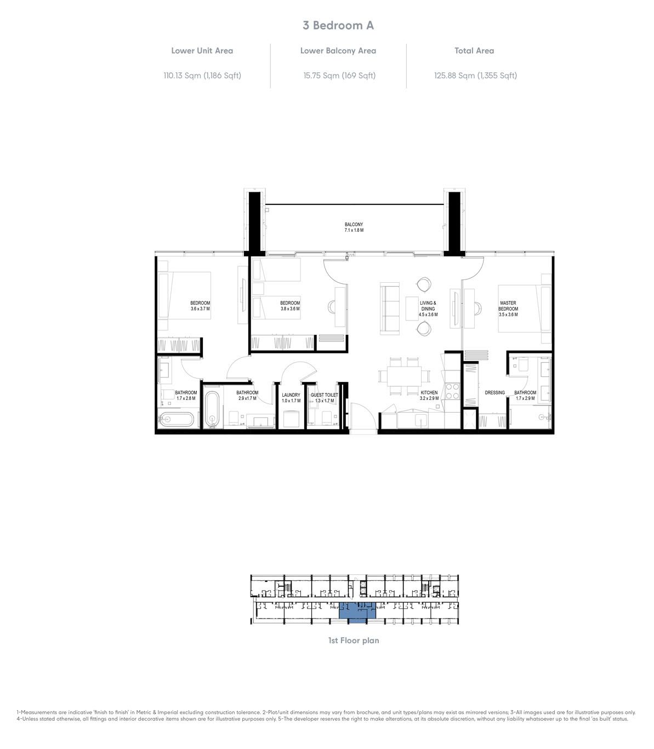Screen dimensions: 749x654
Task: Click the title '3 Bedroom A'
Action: point(338,25)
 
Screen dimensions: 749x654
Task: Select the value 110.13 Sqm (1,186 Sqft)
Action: point(202,76)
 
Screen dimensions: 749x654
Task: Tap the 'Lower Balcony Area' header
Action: point(338,50)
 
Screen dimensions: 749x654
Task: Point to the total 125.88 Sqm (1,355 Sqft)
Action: point(475,76)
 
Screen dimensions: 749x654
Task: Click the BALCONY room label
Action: point(354,225)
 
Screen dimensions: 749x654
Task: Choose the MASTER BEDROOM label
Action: point(508,306)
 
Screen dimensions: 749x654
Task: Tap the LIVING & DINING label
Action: point(428,306)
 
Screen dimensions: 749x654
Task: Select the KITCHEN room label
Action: point(429,393)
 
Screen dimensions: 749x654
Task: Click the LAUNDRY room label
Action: point(291,394)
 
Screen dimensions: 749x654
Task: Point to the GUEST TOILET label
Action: point(324,394)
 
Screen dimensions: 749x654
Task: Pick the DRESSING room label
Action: point(494,393)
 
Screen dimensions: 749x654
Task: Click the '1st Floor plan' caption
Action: point(354,640)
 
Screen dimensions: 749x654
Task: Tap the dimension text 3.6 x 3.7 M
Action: point(200,309)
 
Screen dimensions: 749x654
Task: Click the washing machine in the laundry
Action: point(291,419)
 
